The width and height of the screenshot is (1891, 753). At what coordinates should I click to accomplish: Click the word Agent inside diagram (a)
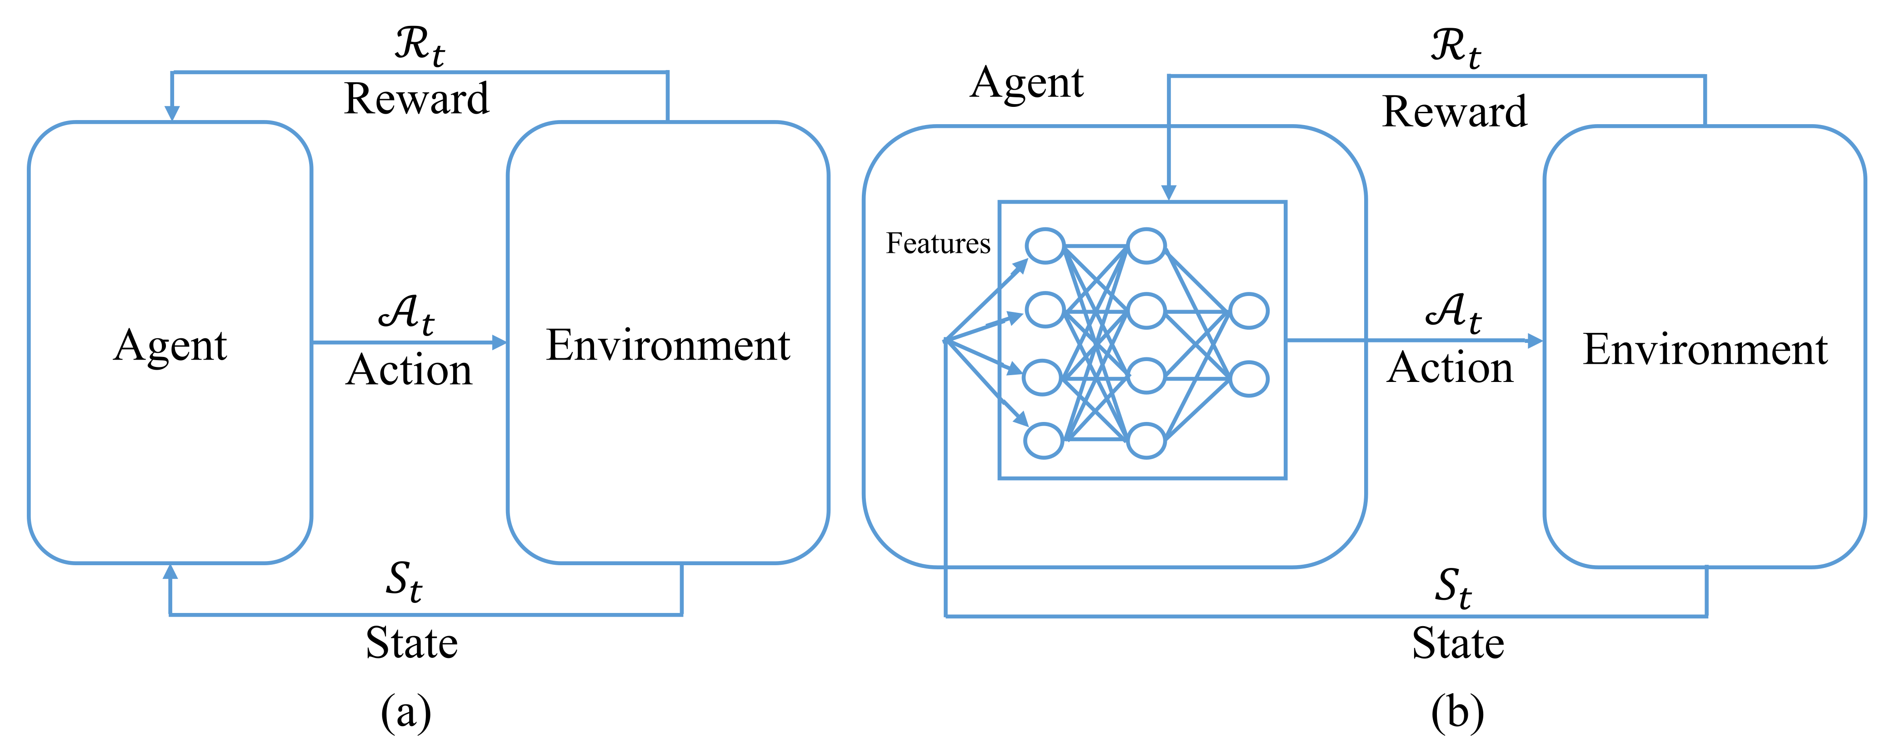point(170,345)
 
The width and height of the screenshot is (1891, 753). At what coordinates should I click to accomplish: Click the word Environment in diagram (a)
point(668,345)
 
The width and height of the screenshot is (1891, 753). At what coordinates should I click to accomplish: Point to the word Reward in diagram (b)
point(1454,112)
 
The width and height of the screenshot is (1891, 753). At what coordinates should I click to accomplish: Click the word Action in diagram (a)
point(409,370)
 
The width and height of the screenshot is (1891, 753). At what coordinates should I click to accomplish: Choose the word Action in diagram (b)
point(1450,367)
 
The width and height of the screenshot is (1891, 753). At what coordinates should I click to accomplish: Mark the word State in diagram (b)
point(1458,643)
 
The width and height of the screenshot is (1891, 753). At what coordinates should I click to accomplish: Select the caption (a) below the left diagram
point(406,712)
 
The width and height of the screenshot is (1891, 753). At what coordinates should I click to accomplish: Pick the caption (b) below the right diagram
point(1457,712)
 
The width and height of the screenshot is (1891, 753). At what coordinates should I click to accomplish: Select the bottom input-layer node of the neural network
point(1044,441)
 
